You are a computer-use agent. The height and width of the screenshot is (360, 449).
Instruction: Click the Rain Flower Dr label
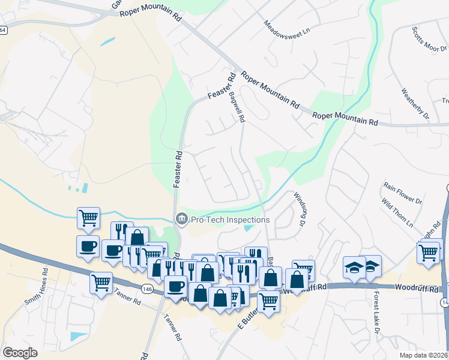point(403,194)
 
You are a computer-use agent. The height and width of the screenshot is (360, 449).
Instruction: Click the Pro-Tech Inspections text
point(231,220)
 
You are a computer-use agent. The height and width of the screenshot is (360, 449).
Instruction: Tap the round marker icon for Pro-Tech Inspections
point(181,220)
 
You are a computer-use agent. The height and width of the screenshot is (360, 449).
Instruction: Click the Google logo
point(20,353)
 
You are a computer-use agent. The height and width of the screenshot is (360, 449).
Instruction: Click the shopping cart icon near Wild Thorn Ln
point(429,252)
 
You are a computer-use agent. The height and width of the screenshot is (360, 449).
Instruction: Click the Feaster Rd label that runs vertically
point(178,169)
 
